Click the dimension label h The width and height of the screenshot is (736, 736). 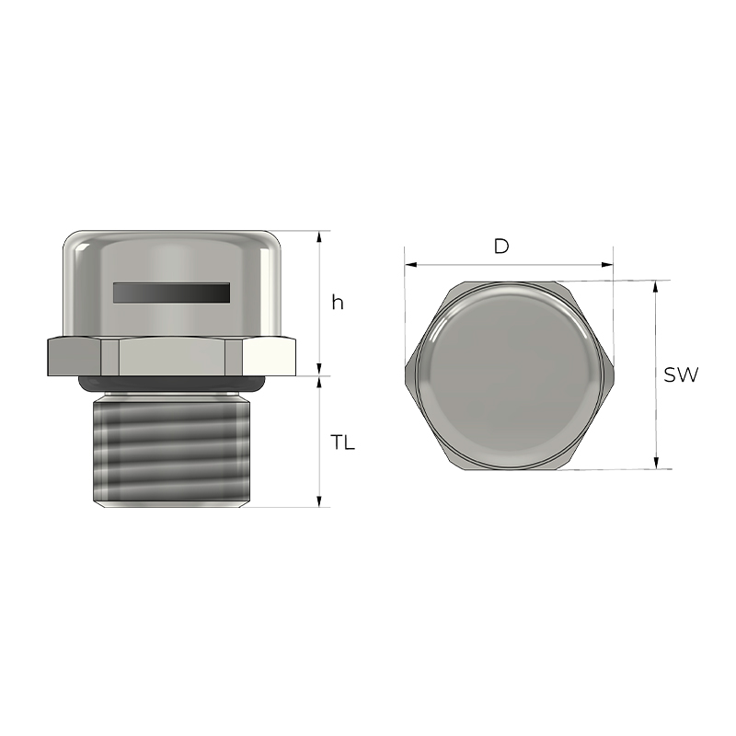[x=338, y=303]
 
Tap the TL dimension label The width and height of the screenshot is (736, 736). [x=342, y=443]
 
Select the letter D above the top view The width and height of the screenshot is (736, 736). [x=501, y=247]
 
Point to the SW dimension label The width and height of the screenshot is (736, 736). [x=681, y=374]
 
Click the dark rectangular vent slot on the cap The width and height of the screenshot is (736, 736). [x=172, y=293]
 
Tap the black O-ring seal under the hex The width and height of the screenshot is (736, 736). [x=172, y=384]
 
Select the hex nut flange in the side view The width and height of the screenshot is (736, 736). [x=172, y=356]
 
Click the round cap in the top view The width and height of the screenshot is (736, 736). [x=509, y=375]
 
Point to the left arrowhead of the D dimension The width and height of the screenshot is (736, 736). [x=410, y=265]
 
